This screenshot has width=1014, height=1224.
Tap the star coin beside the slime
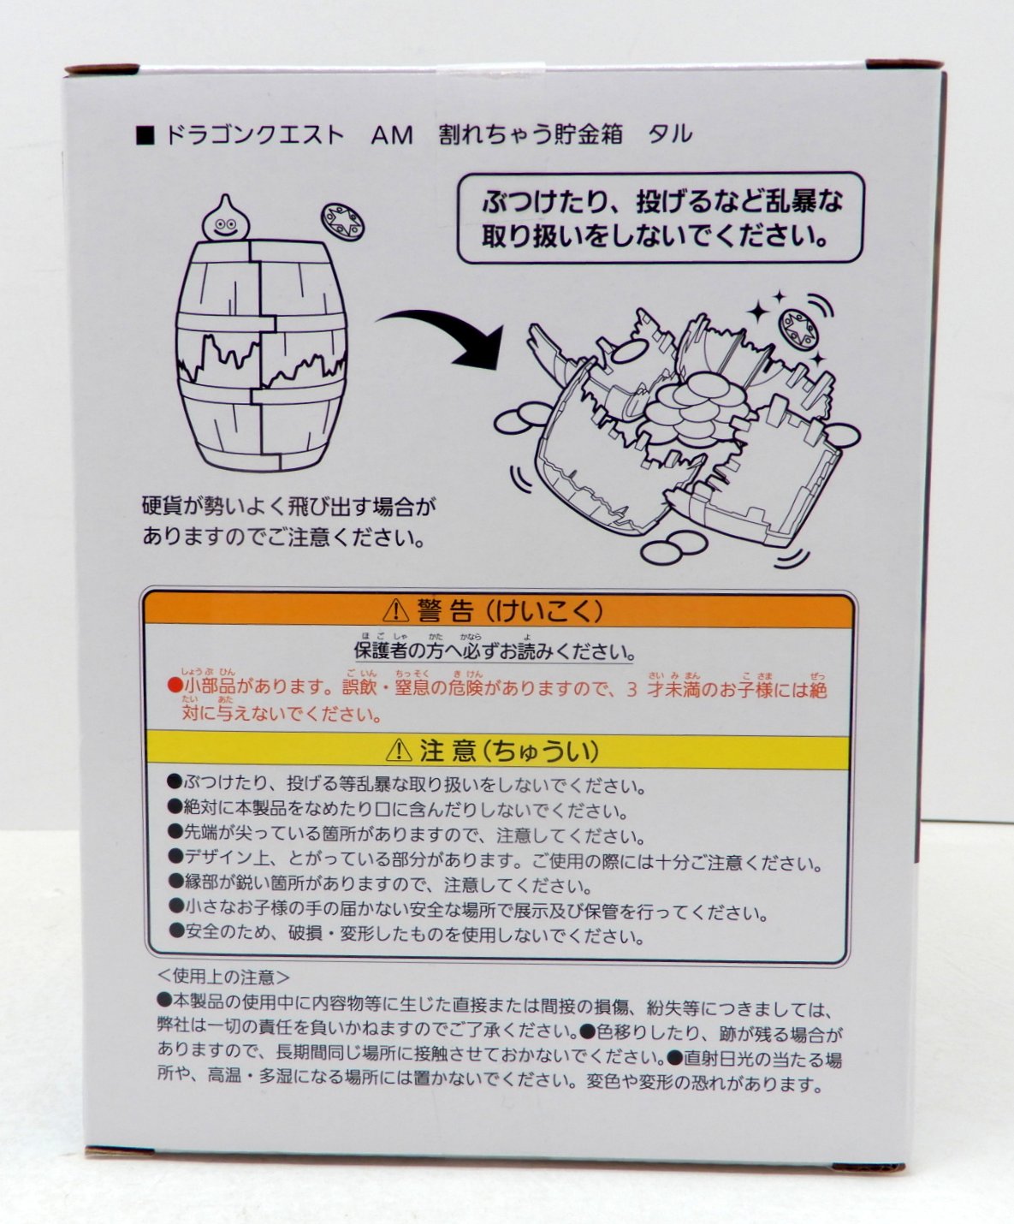tap(342, 223)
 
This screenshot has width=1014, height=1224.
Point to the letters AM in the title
tap(392, 136)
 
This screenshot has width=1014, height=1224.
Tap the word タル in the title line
tap(670, 135)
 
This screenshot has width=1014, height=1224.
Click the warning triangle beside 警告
tap(395, 611)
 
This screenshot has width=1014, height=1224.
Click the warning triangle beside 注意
tap(399, 751)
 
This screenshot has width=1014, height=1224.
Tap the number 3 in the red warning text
tap(632, 689)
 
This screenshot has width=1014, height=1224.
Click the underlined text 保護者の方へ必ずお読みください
tap(495, 651)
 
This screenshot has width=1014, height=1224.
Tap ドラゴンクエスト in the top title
tap(254, 136)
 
